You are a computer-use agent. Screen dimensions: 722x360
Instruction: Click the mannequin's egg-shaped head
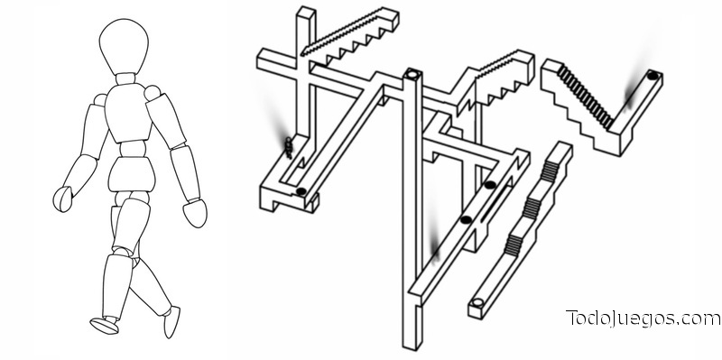pos(124,46)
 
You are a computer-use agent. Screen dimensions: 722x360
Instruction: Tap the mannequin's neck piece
pos(125,78)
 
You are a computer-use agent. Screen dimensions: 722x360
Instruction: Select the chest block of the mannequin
pos(128,113)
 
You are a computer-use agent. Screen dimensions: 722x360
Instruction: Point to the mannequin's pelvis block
pos(132,174)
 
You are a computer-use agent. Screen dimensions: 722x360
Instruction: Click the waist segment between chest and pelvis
pos(133,149)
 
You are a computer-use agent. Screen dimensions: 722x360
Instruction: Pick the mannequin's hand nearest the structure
pos(195,213)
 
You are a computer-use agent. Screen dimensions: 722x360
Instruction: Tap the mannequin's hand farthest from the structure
pos(62,198)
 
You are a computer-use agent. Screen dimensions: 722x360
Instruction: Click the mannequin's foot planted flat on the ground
pos(105,325)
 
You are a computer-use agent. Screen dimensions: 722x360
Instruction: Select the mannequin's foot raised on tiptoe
pos(171,321)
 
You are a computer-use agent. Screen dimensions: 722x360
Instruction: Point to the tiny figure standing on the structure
pos(289,147)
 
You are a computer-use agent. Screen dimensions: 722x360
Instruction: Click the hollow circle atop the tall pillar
pos(412,74)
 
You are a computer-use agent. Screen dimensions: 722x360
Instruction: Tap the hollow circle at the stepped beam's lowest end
pos(478,302)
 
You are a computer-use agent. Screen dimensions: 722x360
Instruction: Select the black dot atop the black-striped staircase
pos(653,76)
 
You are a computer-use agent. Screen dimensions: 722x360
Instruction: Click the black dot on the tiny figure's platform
pos(301,191)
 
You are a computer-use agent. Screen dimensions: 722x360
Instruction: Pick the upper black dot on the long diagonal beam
pos(490,185)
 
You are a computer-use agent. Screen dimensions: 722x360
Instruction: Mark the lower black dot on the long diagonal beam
pos(466,219)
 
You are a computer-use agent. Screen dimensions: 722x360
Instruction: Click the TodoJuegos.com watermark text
pos(643,318)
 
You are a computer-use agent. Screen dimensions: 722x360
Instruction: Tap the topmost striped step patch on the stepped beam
pos(550,171)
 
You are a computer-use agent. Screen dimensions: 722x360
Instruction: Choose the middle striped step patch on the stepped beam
pos(531,208)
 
